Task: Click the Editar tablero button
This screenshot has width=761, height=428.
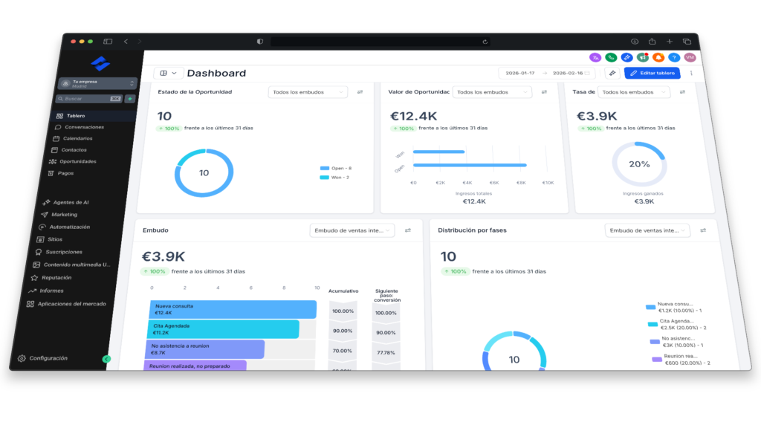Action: pos(652,73)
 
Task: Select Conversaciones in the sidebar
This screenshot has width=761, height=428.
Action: pos(83,127)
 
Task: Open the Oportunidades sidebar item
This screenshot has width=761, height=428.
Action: pos(77,161)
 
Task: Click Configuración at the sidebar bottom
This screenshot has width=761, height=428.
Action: pos(48,358)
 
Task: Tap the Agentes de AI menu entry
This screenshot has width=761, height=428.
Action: pos(71,202)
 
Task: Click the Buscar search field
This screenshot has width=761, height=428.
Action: pos(83,98)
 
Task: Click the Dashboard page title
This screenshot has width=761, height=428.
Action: pos(216,73)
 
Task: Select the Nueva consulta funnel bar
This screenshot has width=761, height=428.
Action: pos(233,309)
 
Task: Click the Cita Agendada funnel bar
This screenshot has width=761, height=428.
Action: pos(224,329)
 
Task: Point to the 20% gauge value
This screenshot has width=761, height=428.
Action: pos(639,164)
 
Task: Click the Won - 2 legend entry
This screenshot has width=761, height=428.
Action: pos(334,177)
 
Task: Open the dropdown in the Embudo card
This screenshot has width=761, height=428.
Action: pos(352,230)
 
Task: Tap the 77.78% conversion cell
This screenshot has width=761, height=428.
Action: pos(386,352)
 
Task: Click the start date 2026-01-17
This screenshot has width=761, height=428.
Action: pos(520,73)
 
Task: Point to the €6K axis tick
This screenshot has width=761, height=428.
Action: pos(493,182)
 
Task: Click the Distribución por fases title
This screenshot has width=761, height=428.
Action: pos(472,230)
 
